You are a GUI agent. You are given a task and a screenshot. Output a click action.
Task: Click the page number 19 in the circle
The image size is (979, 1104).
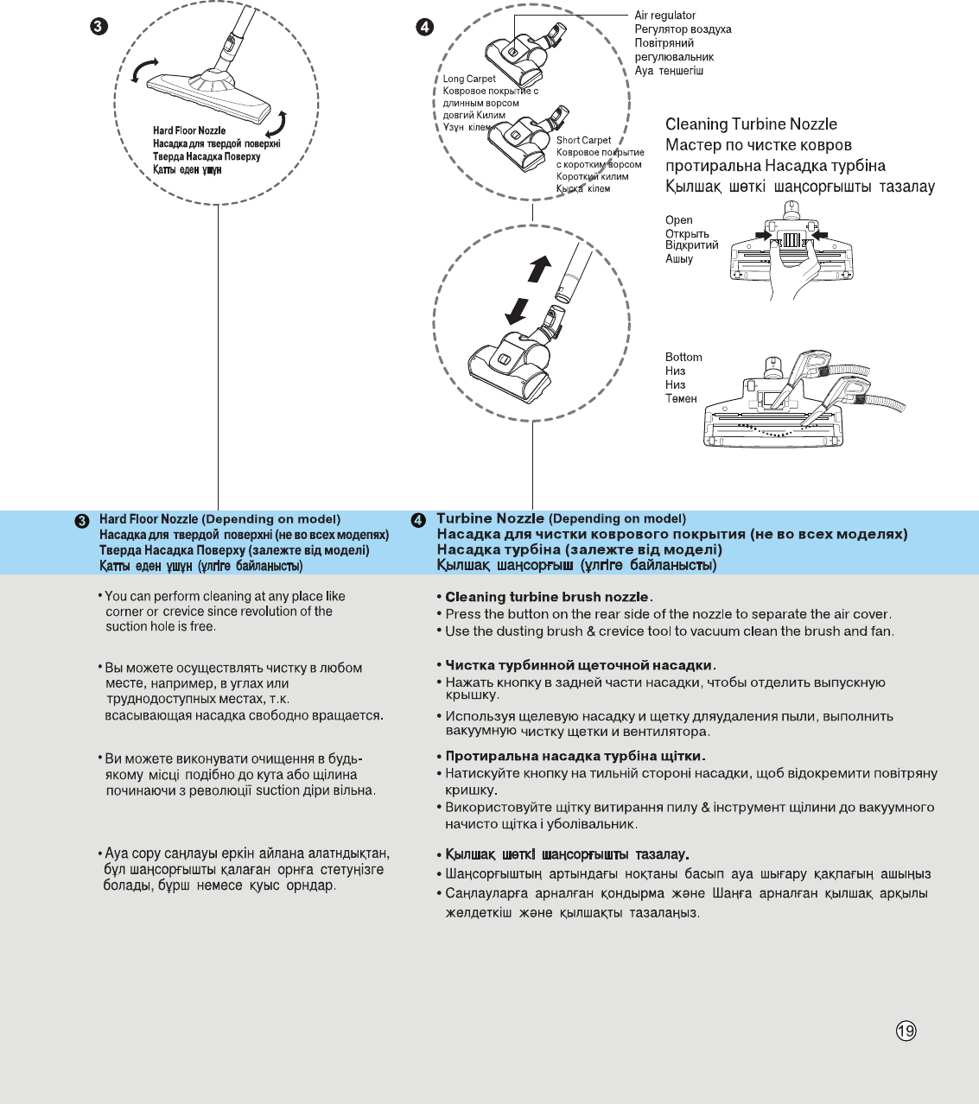click(906, 1031)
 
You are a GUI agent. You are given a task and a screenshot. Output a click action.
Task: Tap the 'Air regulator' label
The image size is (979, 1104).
click(664, 16)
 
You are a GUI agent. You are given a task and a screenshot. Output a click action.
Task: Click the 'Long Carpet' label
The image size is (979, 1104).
click(469, 79)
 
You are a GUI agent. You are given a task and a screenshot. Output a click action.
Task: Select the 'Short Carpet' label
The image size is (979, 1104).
click(583, 140)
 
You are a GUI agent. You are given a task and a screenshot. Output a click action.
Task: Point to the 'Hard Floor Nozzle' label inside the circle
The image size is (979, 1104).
click(189, 130)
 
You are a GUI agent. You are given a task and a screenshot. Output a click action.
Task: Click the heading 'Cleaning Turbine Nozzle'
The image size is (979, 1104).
click(751, 124)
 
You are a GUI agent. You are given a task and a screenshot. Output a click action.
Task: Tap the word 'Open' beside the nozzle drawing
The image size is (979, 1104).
click(678, 220)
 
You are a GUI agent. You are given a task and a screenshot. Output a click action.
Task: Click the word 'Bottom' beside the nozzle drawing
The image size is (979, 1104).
click(683, 357)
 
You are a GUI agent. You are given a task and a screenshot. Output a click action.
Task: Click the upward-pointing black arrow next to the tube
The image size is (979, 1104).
click(539, 269)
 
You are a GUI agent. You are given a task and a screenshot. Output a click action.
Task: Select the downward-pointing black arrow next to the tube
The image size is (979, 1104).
click(517, 310)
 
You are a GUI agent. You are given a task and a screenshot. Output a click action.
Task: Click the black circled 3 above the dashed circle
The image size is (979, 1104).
click(99, 27)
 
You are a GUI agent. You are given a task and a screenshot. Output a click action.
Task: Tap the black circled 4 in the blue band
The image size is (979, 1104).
click(418, 520)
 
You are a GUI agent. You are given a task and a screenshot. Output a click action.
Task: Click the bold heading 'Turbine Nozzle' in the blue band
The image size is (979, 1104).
click(490, 518)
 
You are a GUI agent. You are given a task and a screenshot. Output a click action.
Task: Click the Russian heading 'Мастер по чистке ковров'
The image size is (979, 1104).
click(759, 145)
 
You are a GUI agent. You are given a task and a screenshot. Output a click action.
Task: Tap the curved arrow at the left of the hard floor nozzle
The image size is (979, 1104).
click(143, 71)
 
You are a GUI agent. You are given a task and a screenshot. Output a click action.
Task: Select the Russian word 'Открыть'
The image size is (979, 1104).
click(687, 234)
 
